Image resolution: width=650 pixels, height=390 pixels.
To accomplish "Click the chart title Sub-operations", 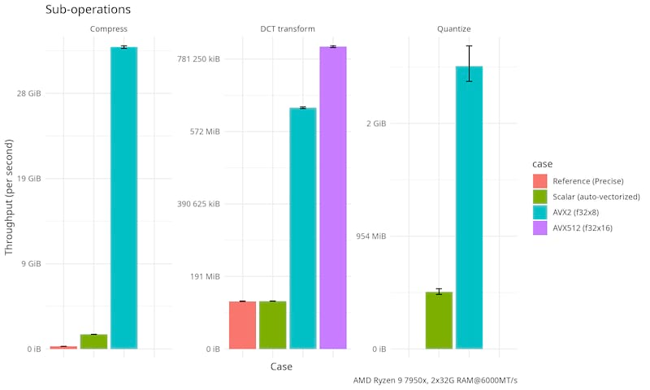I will pyautogui.click(x=89, y=11).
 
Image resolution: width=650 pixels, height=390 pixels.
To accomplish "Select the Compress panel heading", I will pyautogui.click(x=108, y=30).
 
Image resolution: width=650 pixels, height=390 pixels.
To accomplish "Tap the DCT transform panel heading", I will pyautogui.click(x=288, y=30).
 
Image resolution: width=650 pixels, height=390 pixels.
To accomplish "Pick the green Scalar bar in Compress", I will pyautogui.click(x=93, y=341).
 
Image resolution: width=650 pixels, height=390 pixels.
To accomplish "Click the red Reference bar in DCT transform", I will pyautogui.click(x=242, y=325).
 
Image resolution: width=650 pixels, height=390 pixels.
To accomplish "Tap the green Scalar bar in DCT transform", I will pyautogui.click(x=272, y=325).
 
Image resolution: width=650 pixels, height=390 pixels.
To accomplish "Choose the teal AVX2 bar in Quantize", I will pyautogui.click(x=469, y=207).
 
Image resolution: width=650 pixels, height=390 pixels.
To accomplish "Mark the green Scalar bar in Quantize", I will pyautogui.click(x=439, y=320).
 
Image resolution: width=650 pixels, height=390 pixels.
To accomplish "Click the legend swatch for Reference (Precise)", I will pyautogui.click(x=540, y=180).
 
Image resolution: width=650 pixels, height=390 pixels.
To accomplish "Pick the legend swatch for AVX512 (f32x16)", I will pyautogui.click(x=540, y=228).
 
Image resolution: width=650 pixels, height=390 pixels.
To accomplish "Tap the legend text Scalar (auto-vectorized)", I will pyautogui.click(x=596, y=197).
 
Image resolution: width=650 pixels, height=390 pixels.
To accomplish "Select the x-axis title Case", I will pyautogui.click(x=281, y=367).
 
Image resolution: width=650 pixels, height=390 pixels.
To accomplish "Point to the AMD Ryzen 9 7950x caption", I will pyautogui.click(x=435, y=380).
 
